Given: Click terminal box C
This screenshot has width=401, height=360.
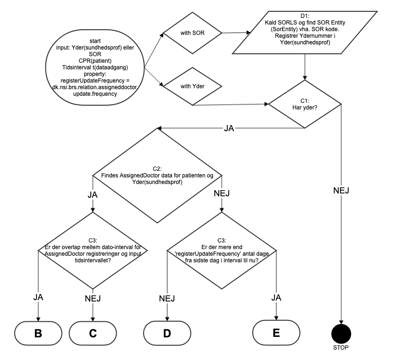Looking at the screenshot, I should [93, 333].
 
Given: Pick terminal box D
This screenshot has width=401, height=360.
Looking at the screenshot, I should [167, 333].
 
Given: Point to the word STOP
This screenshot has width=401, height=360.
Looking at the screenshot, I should [341, 348].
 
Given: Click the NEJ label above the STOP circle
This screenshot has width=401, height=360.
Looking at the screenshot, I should [341, 191].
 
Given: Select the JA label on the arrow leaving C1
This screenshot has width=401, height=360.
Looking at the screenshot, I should [230, 128].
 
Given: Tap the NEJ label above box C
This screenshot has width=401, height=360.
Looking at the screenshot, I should [93, 298].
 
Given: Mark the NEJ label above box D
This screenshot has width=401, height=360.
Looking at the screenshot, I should [167, 298].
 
